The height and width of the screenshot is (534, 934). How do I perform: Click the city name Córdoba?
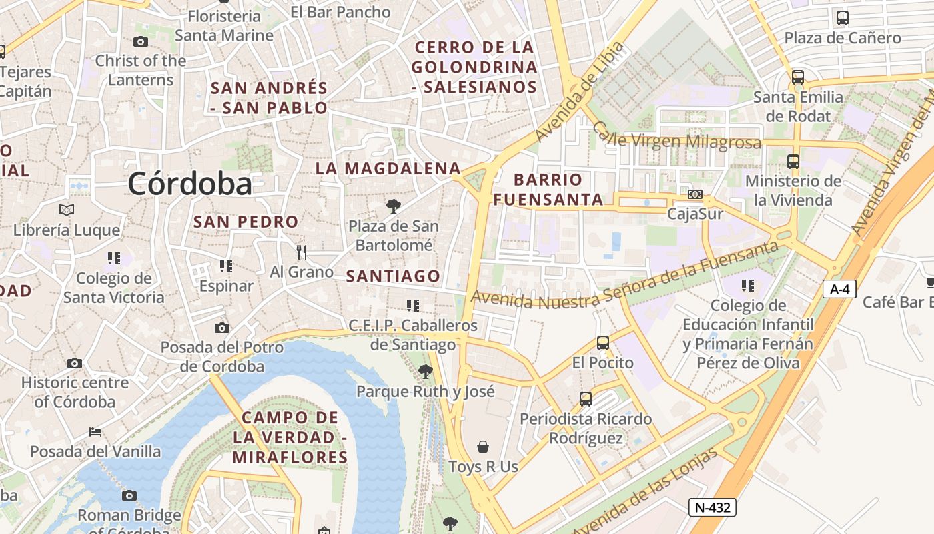tap(190, 184)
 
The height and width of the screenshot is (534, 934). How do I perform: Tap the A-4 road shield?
tap(839, 289)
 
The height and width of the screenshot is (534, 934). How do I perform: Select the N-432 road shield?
tap(713, 507)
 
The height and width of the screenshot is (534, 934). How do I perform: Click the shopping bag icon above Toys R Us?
tap(483, 446)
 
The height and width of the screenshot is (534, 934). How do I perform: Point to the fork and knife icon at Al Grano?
tap(302, 252)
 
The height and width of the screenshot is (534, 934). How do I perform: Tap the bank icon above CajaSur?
tap(695, 194)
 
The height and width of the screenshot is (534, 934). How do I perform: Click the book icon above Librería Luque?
tap(67, 210)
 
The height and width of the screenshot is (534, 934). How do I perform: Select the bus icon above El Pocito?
tap(603, 343)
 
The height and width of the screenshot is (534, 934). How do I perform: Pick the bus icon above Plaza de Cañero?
tap(843, 18)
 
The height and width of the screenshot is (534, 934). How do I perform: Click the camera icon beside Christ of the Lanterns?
tap(141, 42)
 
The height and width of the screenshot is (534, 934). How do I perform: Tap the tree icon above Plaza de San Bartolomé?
tap(394, 206)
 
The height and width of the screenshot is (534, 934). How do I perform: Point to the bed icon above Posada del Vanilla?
tap(95, 431)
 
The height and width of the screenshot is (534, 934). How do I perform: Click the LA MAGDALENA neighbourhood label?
tap(388, 168)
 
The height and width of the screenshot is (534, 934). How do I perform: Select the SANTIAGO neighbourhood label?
tap(393, 276)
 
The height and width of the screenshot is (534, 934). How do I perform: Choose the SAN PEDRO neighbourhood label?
tap(246, 222)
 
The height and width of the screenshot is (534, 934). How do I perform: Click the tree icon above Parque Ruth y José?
tap(425, 372)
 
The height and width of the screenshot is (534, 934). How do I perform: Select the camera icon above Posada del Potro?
tap(222, 328)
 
